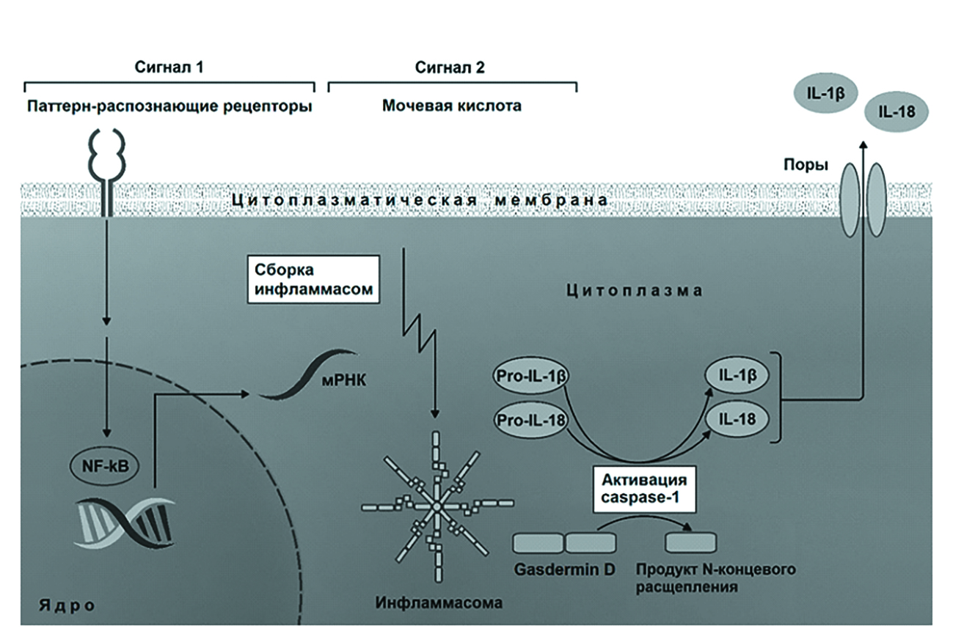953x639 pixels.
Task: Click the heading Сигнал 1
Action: pos(169,68)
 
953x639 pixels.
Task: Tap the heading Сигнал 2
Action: pos(450,68)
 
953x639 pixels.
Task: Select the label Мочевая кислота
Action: pos(452,106)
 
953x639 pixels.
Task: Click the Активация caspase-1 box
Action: pos(644,491)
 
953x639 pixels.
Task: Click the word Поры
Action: pos(805,166)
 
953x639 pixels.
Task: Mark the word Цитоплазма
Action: pos(635,291)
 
